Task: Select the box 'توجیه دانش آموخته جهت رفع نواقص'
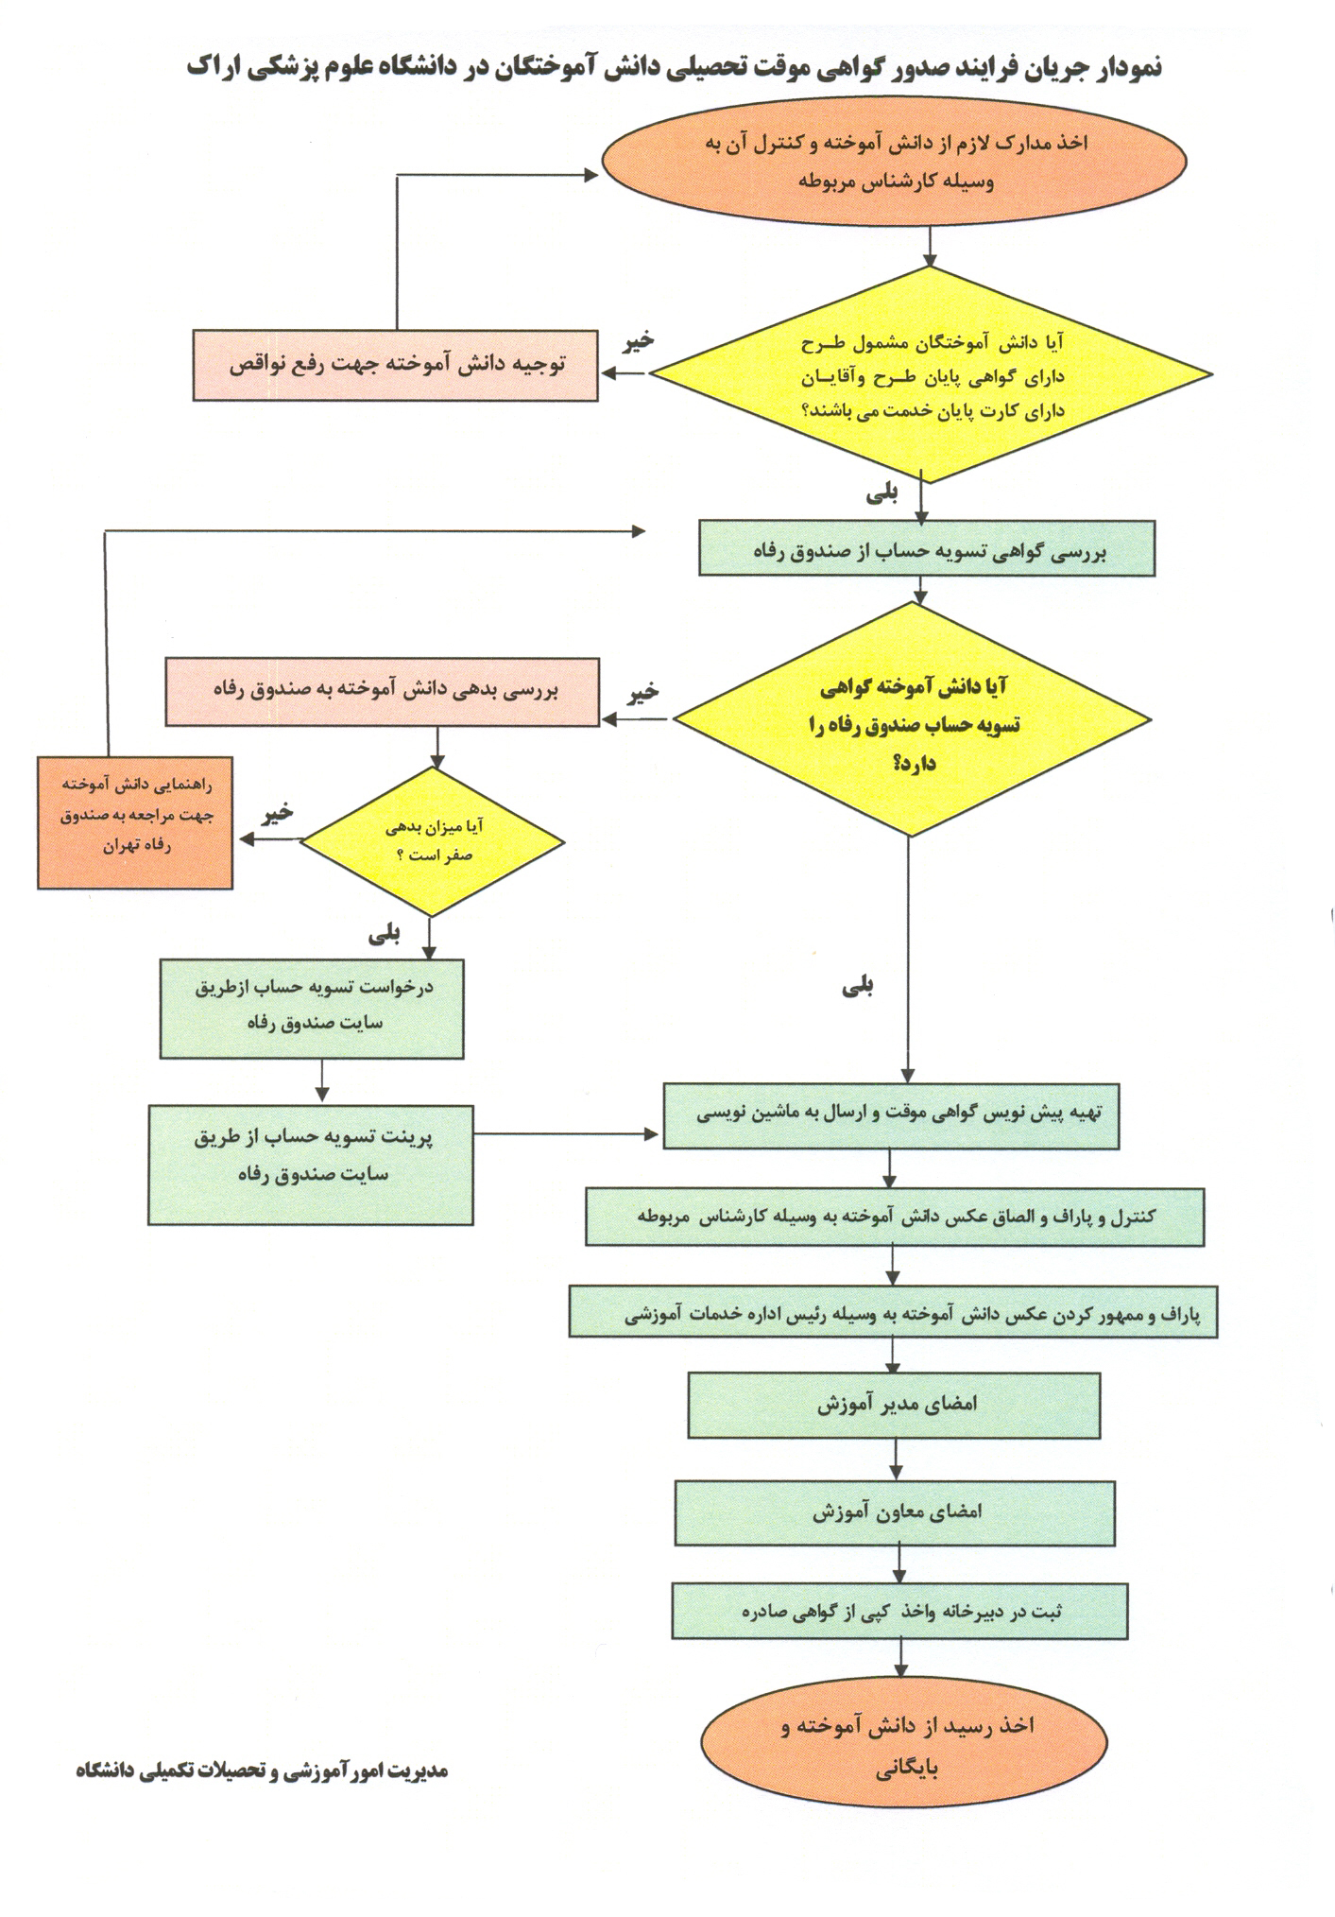[396, 366]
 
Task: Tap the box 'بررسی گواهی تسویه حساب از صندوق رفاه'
[926, 549]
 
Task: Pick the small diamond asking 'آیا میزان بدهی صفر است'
[433, 841]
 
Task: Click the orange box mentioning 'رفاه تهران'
[135, 821]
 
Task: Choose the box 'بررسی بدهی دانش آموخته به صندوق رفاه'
[383, 692]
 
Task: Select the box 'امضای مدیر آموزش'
[894, 1405]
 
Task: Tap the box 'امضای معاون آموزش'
[895, 1511]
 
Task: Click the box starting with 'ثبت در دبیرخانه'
[899, 1612]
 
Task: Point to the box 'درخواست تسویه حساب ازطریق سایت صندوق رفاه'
[312, 1008]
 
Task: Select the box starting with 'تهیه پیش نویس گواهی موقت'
[891, 1115]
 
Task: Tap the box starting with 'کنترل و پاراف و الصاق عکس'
[894, 1218]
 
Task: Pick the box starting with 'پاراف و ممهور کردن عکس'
[893, 1312]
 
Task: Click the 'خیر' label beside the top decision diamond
[638, 341]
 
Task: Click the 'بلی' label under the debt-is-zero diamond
[385, 935]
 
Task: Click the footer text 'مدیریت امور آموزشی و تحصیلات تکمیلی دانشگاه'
[262, 1770]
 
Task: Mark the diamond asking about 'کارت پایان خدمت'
[931, 375]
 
